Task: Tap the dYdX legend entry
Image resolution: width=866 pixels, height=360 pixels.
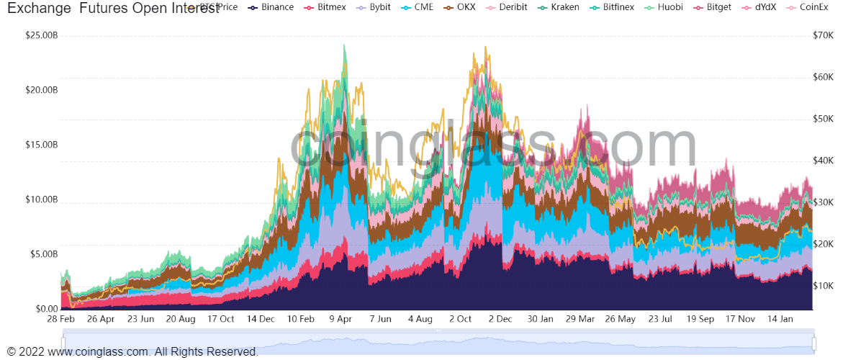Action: click(763, 7)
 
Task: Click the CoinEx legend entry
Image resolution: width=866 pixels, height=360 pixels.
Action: click(813, 7)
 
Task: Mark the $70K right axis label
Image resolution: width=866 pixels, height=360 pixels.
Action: click(822, 35)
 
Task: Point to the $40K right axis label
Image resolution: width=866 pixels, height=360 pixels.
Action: click(822, 161)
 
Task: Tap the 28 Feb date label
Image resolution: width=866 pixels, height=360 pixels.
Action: click(61, 318)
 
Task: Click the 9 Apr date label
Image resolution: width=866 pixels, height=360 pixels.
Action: click(340, 318)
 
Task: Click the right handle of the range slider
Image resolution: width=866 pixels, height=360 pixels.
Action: click(814, 343)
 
